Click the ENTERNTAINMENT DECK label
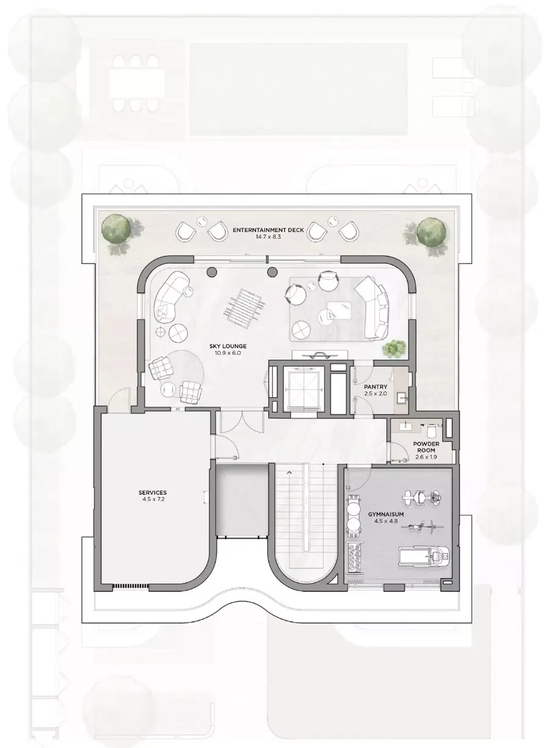click(268, 230)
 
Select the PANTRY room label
click(376, 387)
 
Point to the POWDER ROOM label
click(426, 447)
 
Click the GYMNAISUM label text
click(386, 514)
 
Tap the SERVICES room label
click(152, 493)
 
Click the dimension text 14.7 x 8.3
click(268, 237)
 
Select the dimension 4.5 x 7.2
click(152, 499)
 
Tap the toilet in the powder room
click(431, 431)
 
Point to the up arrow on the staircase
click(289, 472)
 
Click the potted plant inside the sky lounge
click(394, 348)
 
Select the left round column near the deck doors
click(212, 272)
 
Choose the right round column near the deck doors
click(272, 272)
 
